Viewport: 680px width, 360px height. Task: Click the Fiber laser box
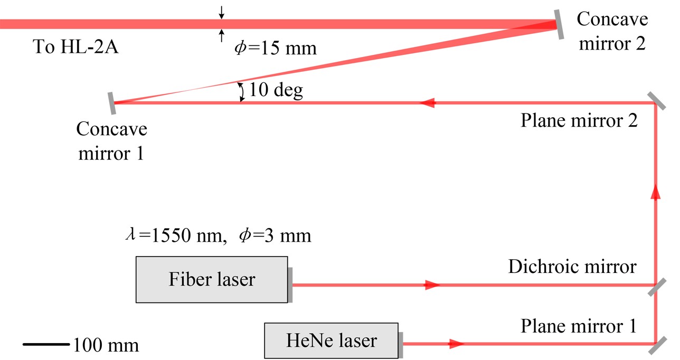[x=212, y=279]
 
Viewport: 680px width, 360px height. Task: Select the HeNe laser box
[x=331, y=340]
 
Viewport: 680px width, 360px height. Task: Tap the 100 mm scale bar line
[x=46, y=345]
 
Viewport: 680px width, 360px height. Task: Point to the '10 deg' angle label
[x=276, y=90]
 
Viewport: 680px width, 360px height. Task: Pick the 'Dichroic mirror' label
[x=572, y=267]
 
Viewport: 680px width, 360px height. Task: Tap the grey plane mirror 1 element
[x=655, y=346]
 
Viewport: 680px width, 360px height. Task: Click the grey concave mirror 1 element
[x=112, y=103]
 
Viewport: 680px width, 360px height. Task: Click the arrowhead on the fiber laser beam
[x=432, y=285]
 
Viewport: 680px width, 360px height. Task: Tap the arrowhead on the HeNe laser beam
[x=456, y=344]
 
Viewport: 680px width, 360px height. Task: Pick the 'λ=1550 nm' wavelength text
[x=172, y=235]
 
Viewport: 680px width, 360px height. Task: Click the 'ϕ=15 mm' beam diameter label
[x=275, y=49]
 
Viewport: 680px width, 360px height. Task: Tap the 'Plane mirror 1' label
[x=579, y=326]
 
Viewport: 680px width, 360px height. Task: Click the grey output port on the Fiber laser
[x=290, y=285]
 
